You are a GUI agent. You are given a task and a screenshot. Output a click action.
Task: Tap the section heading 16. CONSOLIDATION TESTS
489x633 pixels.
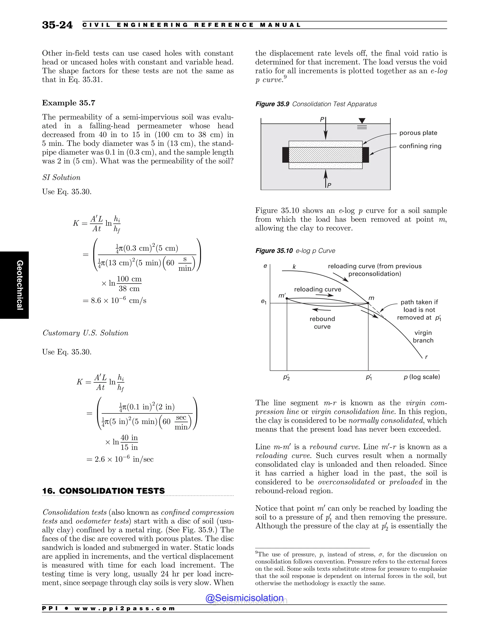point(103,491)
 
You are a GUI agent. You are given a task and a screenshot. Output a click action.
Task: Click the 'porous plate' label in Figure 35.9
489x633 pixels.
point(418,133)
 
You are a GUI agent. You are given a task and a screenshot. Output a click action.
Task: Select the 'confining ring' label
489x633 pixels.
point(420,146)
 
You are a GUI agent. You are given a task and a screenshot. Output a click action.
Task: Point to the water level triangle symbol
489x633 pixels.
point(362,121)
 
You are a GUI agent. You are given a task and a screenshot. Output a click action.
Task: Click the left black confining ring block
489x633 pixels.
point(285,155)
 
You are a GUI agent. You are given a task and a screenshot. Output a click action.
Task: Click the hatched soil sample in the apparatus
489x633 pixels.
point(325,155)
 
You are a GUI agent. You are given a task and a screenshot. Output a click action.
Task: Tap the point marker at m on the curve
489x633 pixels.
point(368,303)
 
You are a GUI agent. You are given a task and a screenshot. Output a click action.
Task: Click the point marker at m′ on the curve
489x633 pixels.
point(287,298)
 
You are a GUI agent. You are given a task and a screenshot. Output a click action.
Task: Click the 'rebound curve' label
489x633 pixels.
point(322,322)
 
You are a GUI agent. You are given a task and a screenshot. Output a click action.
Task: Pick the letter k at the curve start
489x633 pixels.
point(294,267)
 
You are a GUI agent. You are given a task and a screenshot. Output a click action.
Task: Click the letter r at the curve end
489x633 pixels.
point(426,357)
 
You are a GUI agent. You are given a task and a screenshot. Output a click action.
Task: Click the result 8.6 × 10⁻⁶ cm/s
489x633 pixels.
point(115,300)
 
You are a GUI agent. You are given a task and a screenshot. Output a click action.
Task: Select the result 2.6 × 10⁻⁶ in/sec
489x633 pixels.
point(120,459)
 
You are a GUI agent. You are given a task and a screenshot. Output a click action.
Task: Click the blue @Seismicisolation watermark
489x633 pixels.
point(244,598)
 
